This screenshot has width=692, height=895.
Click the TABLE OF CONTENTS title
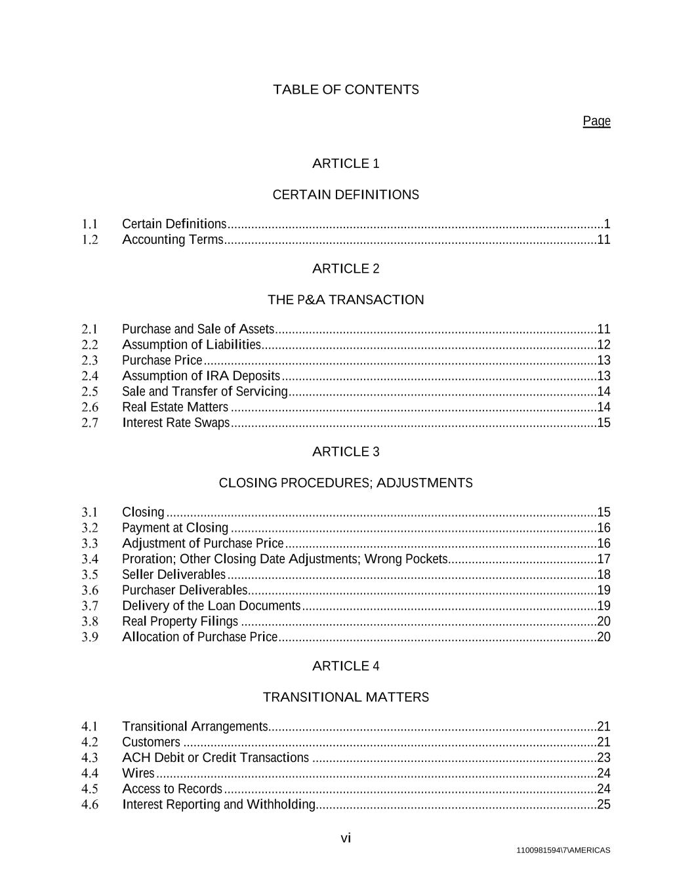click(x=346, y=89)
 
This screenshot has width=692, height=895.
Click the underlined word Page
click(x=596, y=121)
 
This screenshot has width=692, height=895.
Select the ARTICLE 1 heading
click(x=346, y=163)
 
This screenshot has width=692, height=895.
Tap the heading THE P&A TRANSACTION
click(x=346, y=300)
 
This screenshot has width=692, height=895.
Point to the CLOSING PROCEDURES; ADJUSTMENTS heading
click(x=346, y=483)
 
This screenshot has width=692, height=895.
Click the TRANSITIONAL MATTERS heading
click(x=346, y=697)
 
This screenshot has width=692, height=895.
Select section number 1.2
click(x=90, y=240)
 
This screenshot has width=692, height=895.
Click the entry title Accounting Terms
click(x=173, y=240)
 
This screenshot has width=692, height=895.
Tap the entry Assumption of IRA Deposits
click(x=201, y=376)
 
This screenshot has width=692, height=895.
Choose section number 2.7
click(x=90, y=423)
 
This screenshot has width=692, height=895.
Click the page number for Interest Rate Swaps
click(x=603, y=423)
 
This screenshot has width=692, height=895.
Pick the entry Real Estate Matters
click(x=174, y=407)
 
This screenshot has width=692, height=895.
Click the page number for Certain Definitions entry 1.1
click(x=607, y=224)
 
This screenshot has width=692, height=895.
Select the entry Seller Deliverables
click(x=173, y=574)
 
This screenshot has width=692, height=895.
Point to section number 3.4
click(x=90, y=559)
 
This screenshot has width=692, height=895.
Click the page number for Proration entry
click(x=603, y=559)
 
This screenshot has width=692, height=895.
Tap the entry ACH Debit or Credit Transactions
click(x=215, y=758)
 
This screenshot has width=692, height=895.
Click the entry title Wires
click(x=138, y=774)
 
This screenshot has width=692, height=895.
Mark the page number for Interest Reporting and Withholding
click(x=603, y=805)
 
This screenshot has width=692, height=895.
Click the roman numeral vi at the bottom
click(x=346, y=838)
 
